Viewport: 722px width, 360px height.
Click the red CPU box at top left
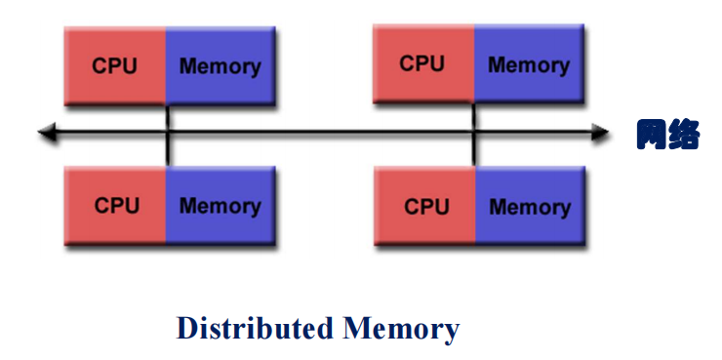tap(114, 65)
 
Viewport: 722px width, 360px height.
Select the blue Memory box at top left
tap(220, 65)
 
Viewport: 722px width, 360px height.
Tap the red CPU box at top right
tap(423, 63)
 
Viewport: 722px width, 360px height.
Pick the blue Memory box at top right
tap(528, 63)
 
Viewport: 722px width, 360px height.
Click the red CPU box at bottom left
tap(115, 205)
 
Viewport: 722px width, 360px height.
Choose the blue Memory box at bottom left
tap(220, 205)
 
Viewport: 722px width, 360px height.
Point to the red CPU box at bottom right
tap(425, 206)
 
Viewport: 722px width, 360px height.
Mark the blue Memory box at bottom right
tap(530, 206)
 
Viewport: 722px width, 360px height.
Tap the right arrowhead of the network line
tap(602, 134)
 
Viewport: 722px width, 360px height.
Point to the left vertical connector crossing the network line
tap(167, 134)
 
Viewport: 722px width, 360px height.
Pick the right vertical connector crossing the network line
tap(474, 134)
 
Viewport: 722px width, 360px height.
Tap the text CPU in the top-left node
tap(115, 66)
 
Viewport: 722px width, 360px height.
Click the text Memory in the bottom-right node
tap(530, 207)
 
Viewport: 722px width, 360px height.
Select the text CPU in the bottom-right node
tap(425, 207)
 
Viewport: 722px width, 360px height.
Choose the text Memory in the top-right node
tap(528, 65)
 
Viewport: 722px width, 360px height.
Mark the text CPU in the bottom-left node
tap(116, 206)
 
